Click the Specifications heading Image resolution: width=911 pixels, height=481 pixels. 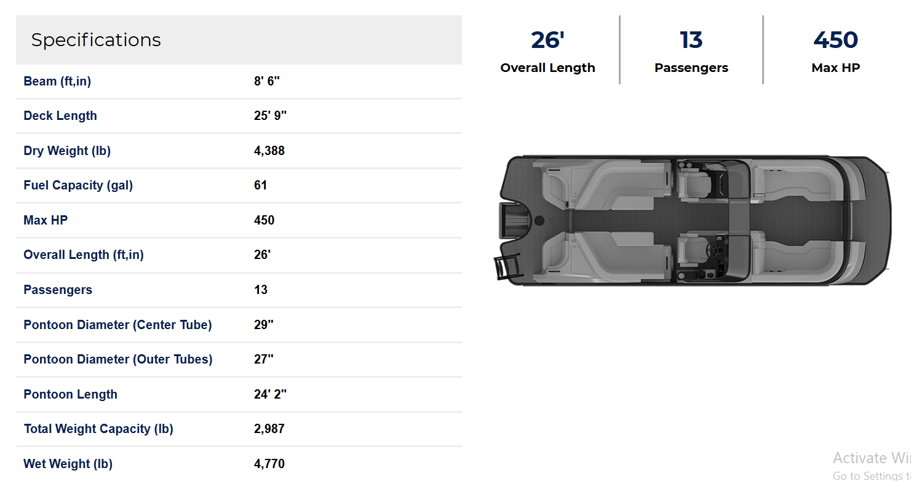96,40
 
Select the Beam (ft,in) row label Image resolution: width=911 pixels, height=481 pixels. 57,81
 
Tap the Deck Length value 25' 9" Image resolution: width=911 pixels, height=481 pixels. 270,116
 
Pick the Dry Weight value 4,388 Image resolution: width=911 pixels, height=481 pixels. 269,151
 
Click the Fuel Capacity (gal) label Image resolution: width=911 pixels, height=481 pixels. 78,185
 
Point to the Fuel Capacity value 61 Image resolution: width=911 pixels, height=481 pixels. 260,185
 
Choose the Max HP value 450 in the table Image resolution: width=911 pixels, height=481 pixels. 264,220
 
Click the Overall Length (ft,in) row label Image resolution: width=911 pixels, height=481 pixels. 84,255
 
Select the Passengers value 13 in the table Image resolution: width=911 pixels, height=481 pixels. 261,290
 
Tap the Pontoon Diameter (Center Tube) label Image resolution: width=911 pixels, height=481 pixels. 117,325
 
